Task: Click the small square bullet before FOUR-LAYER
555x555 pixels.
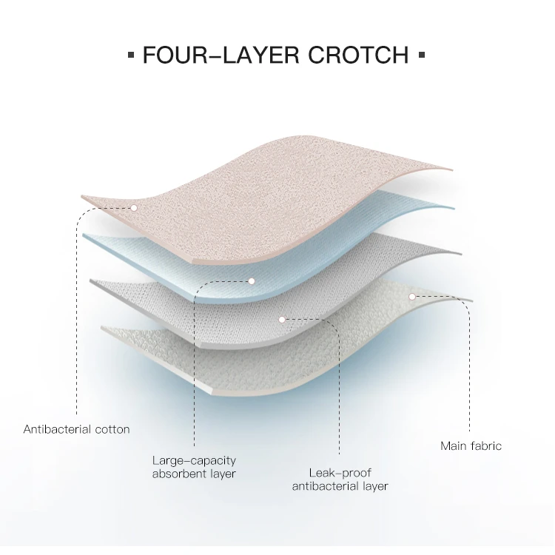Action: [130, 55]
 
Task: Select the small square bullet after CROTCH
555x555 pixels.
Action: [422, 55]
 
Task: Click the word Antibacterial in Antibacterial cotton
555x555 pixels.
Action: [57, 429]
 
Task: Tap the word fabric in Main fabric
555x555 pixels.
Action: [486, 445]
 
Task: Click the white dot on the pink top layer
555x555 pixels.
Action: [134, 208]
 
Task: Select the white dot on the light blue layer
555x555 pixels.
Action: [252, 281]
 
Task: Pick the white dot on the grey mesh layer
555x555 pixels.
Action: [282, 319]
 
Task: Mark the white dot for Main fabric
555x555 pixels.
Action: [412, 296]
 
